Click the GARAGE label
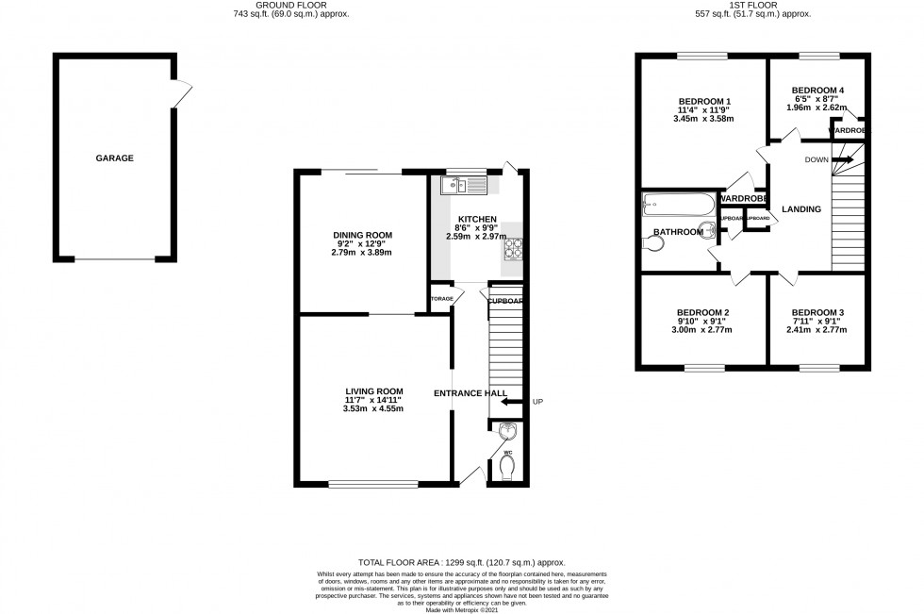[x=114, y=158]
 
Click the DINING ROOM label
[x=362, y=236]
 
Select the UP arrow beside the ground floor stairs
[x=513, y=402]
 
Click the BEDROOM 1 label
[x=705, y=102]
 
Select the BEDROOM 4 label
[x=817, y=91]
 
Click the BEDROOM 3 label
[x=817, y=313]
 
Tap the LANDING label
[x=800, y=209]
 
